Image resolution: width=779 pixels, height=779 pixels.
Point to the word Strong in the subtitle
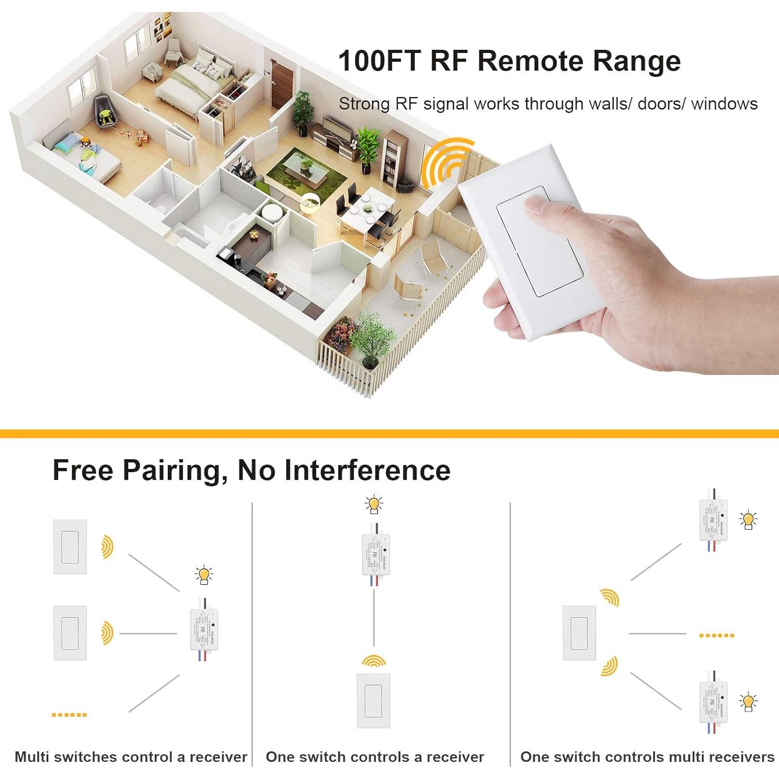point(364,104)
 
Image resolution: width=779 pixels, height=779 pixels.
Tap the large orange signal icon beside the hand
point(445,163)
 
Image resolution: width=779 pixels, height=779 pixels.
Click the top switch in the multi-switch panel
point(70,547)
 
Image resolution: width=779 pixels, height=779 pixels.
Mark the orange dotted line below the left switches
point(69,715)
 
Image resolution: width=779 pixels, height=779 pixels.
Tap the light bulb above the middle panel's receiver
point(373,504)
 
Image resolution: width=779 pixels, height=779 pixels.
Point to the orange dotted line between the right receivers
point(716,635)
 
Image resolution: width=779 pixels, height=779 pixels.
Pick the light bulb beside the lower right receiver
point(748,702)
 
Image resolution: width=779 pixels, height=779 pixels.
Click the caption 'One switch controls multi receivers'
point(647,757)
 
